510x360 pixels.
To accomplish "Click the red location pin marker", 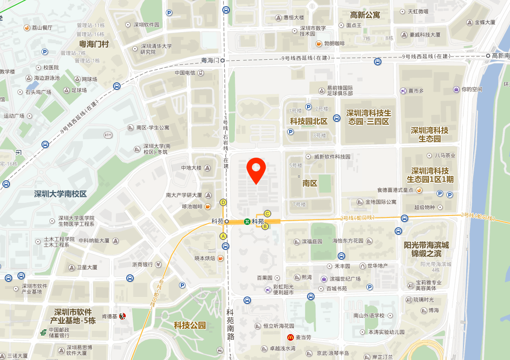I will point(256,170).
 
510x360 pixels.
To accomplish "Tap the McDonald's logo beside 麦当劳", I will point(291,337).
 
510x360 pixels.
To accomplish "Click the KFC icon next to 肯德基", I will point(122,316).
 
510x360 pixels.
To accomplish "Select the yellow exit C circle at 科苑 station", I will point(267,213).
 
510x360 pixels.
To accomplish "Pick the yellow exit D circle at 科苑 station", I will point(223,202).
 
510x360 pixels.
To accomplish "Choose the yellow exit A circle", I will point(223,236).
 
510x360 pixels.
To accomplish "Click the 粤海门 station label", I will point(210,61).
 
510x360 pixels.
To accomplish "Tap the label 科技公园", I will point(190,325).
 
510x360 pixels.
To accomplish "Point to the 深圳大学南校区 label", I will point(60,194).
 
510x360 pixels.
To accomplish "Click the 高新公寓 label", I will point(365,15).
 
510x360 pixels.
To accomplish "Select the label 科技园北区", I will point(308,121).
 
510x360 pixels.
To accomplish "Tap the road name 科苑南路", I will point(230,325).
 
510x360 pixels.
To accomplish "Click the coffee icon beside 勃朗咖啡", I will point(319,44).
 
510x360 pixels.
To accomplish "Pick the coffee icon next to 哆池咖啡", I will point(208,206).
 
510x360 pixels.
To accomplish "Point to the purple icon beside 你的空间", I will point(456,89).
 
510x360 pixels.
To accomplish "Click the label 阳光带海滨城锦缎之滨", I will point(426,250).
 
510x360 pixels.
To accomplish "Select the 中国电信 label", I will point(185,73).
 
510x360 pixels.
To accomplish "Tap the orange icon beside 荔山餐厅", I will point(27,28).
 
